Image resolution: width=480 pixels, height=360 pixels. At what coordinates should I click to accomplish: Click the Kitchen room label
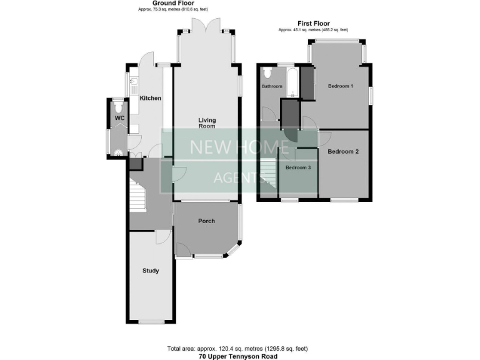(x=150, y=98)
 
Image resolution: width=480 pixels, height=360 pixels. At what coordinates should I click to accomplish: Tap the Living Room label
(x=206, y=122)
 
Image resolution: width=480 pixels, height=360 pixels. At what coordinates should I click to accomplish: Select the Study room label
(x=150, y=271)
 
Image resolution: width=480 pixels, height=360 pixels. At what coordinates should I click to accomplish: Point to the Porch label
(x=206, y=221)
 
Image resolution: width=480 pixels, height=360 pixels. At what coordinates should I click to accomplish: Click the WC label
(x=119, y=118)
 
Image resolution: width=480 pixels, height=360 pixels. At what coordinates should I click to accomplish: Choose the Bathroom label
(x=272, y=86)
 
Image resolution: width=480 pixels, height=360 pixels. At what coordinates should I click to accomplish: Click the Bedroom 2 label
(x=343, y=151)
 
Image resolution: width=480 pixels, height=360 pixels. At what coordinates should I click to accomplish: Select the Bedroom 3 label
(x=297, y=167)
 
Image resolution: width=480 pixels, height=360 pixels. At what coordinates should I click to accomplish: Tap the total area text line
(x=237, y=348)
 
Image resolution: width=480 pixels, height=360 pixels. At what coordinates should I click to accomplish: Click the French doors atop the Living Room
(x=206, y=26)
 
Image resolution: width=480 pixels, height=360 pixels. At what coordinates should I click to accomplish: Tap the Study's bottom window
(x=151, y=322)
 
